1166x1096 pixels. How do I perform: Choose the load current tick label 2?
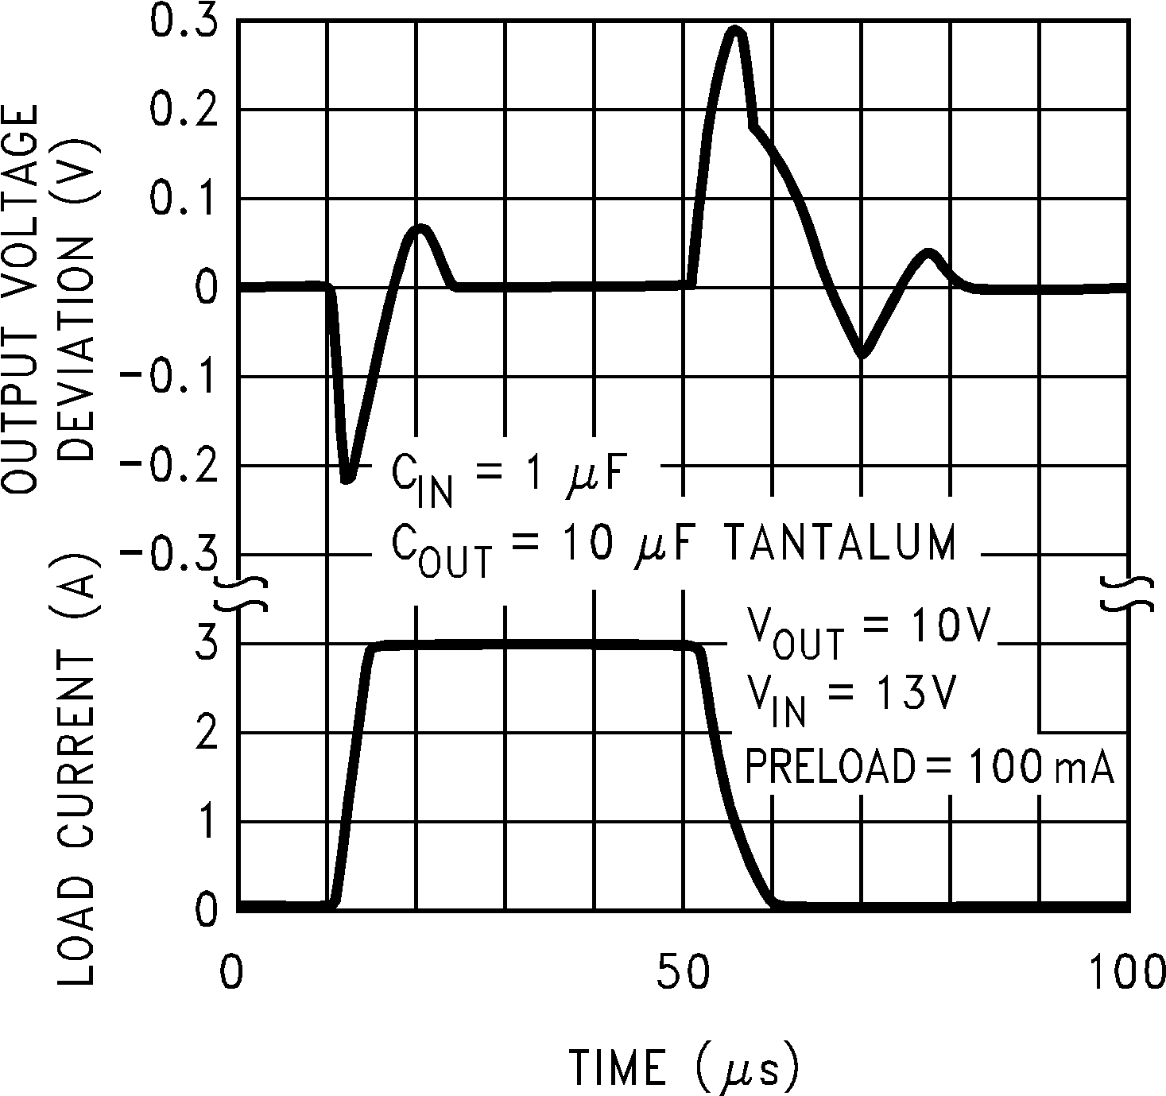[205, 732]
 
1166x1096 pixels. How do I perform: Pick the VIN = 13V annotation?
[849, 697]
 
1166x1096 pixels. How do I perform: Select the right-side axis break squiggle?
[1127, 594]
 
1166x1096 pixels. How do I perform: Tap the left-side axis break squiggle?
[240, 594]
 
